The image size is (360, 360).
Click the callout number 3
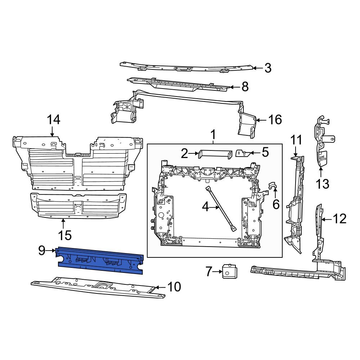point(267,68)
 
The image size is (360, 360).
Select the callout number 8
point(245,87)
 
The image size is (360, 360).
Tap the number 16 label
point(275,120)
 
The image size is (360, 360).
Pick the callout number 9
point(42,250)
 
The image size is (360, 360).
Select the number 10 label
point(174,287)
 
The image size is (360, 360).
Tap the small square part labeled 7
point(229,271)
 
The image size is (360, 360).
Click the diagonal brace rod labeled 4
point(220,208)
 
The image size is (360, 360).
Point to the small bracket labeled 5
point(242,153)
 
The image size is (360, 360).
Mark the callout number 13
point(323,184)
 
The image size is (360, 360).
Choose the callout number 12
point(339,219)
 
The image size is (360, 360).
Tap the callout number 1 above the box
point(213,135)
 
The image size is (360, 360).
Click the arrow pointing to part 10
point(161,287)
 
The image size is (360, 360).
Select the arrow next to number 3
point(256,68)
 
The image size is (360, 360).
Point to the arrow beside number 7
point(217,271)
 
